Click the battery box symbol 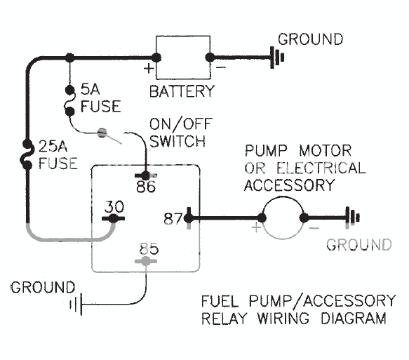coord(182,58)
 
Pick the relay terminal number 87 coord(172,218)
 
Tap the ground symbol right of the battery coord(276,58)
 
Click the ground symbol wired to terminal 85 coord(74,305)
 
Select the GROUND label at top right coord(310,39)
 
